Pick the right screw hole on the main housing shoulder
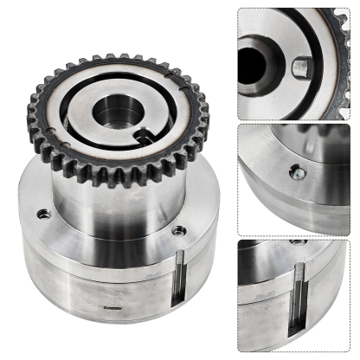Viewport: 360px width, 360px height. click(x=178, y=230)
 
